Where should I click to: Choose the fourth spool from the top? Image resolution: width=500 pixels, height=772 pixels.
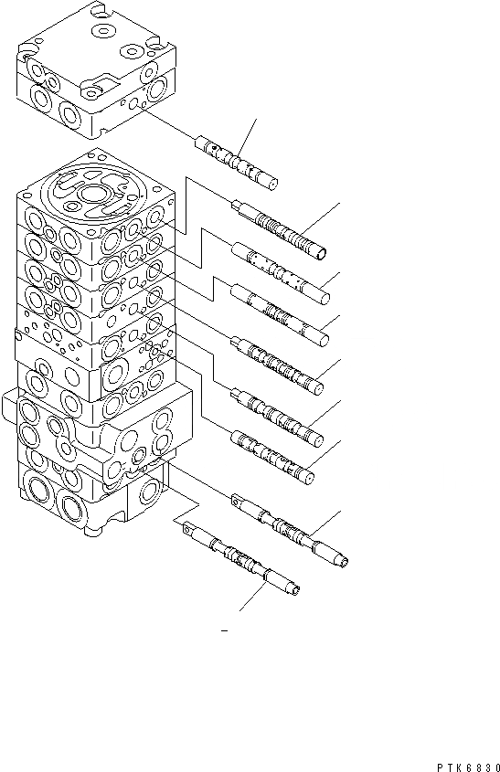pos(280,315)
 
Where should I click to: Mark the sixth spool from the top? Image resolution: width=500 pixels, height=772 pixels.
pos(278,417)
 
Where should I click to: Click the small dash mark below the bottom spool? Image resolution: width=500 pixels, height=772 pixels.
pos(224,630)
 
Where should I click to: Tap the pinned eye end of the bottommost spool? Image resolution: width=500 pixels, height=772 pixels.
pos(187,527)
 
